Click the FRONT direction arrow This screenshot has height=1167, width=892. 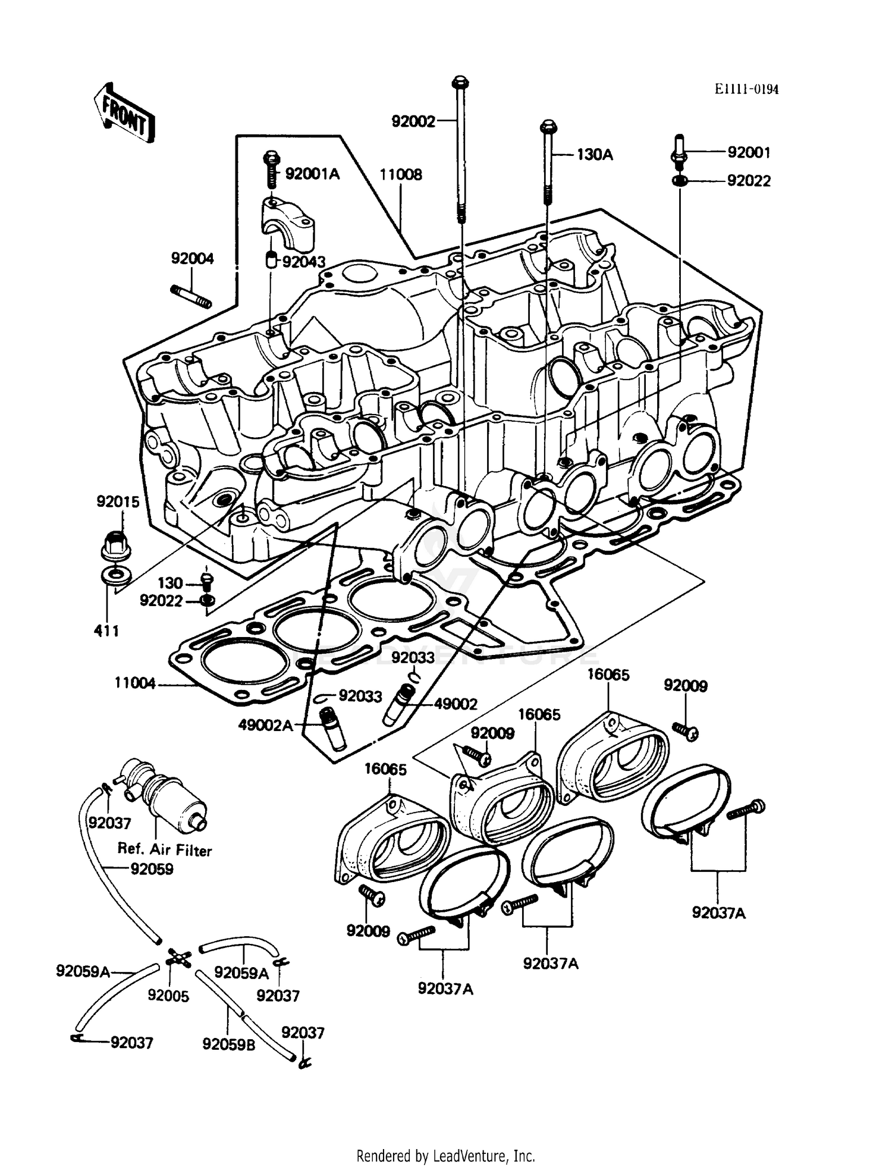pos(124,114)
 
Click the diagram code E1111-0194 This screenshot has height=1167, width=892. pos(746,89)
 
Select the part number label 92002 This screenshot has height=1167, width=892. pos(413,121)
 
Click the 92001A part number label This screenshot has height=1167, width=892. pos(312,174)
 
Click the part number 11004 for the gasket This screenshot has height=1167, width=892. pos(135,683)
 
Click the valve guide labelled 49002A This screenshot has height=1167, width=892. pos(331,729)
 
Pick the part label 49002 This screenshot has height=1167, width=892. pos(456,704)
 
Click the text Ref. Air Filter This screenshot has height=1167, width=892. pos(165,850)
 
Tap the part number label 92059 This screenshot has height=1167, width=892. pos(152,869)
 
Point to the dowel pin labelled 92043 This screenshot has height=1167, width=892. pos(271,261)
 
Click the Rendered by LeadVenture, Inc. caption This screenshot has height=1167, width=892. pos(445,1156)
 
